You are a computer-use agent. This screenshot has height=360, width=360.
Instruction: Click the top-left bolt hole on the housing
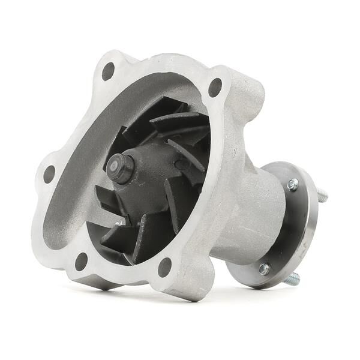pyautogui.click(x=108, y=71)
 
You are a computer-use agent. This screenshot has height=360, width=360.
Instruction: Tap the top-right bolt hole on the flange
pyautogui.click(x=214, y=88)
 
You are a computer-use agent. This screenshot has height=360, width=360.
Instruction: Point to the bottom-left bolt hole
pyautogui.click(x=82, y=260)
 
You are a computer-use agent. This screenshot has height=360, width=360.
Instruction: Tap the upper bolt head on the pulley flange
pyautogui.click(x=293, y=185)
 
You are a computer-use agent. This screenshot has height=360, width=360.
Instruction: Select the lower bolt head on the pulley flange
pyautogui.click(x=263, y=269)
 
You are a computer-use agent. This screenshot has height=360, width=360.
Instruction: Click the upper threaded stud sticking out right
pyautogui.click(x=322, y=193)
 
